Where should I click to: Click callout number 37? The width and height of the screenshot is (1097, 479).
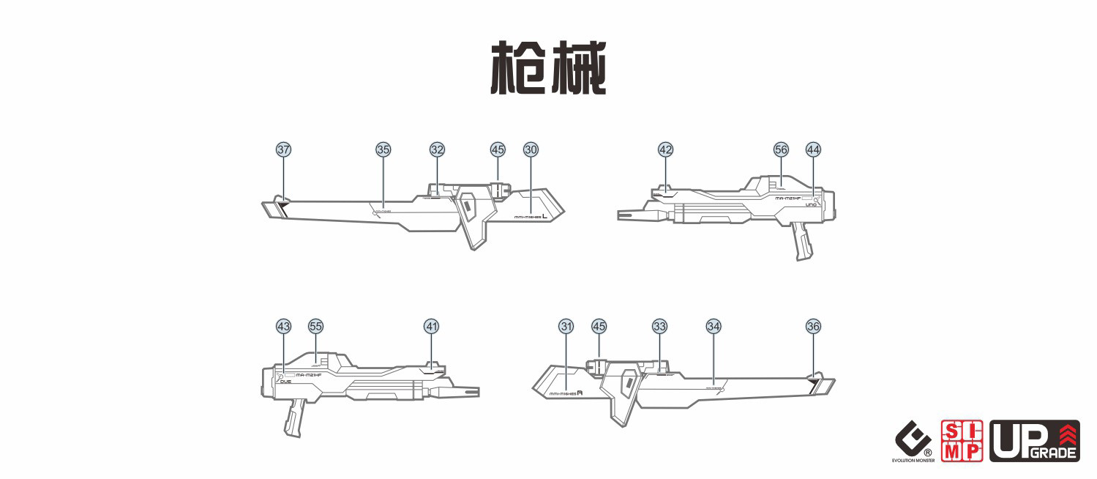(283, 149)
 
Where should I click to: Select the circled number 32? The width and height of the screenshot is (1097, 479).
(437, 149)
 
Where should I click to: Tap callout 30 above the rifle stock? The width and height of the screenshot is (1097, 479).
(531, 149)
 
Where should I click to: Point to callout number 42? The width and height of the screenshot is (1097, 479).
(665, 149)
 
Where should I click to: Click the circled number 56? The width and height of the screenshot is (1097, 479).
(781, 149)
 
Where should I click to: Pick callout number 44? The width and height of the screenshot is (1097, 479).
(813, 149)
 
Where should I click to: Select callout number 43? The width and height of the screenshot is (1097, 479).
(283, 326)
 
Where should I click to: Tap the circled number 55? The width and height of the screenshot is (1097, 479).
(315, 326)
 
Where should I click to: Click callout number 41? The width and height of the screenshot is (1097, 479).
(432, 326)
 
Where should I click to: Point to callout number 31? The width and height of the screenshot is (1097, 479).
(566, 326)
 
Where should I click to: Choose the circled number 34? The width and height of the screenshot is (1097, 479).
(714, 326)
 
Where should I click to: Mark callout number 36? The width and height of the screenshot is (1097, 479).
(813, 326)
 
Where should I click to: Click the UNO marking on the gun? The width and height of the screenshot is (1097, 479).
(810, 205)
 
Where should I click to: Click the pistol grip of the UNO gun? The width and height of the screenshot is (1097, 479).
(801, 242)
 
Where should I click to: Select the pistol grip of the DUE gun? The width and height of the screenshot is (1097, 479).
(293, 418)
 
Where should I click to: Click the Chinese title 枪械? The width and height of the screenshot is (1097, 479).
(548, 68)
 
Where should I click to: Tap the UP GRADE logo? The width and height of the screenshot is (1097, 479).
(1034, 441)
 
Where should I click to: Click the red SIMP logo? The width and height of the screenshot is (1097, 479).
(961, 441)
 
